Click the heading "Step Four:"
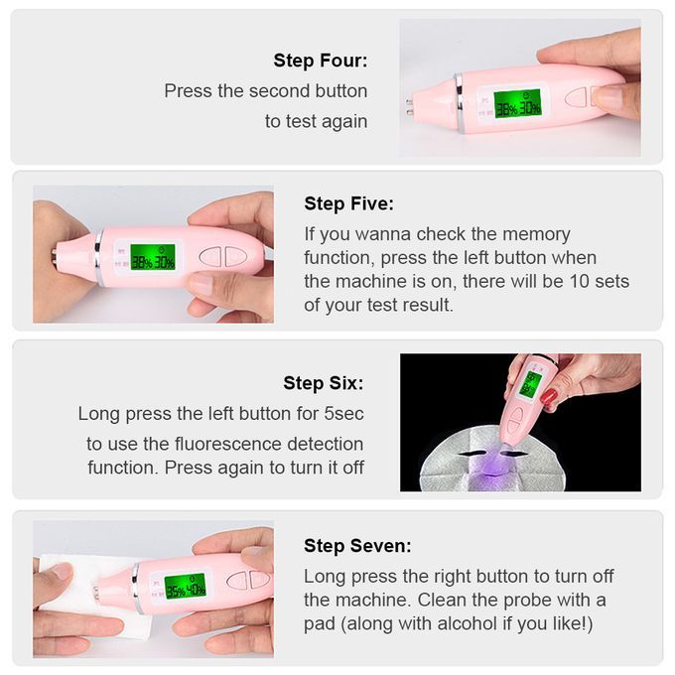321,61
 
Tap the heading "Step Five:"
348,203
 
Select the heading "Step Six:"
324,383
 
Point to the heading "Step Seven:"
357,545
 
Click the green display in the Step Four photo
517,103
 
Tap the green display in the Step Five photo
153,257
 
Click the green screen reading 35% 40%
186,588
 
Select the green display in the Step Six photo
530,384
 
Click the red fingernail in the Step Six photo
548,396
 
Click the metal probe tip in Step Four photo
409,107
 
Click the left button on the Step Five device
210,257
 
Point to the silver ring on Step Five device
99,256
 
